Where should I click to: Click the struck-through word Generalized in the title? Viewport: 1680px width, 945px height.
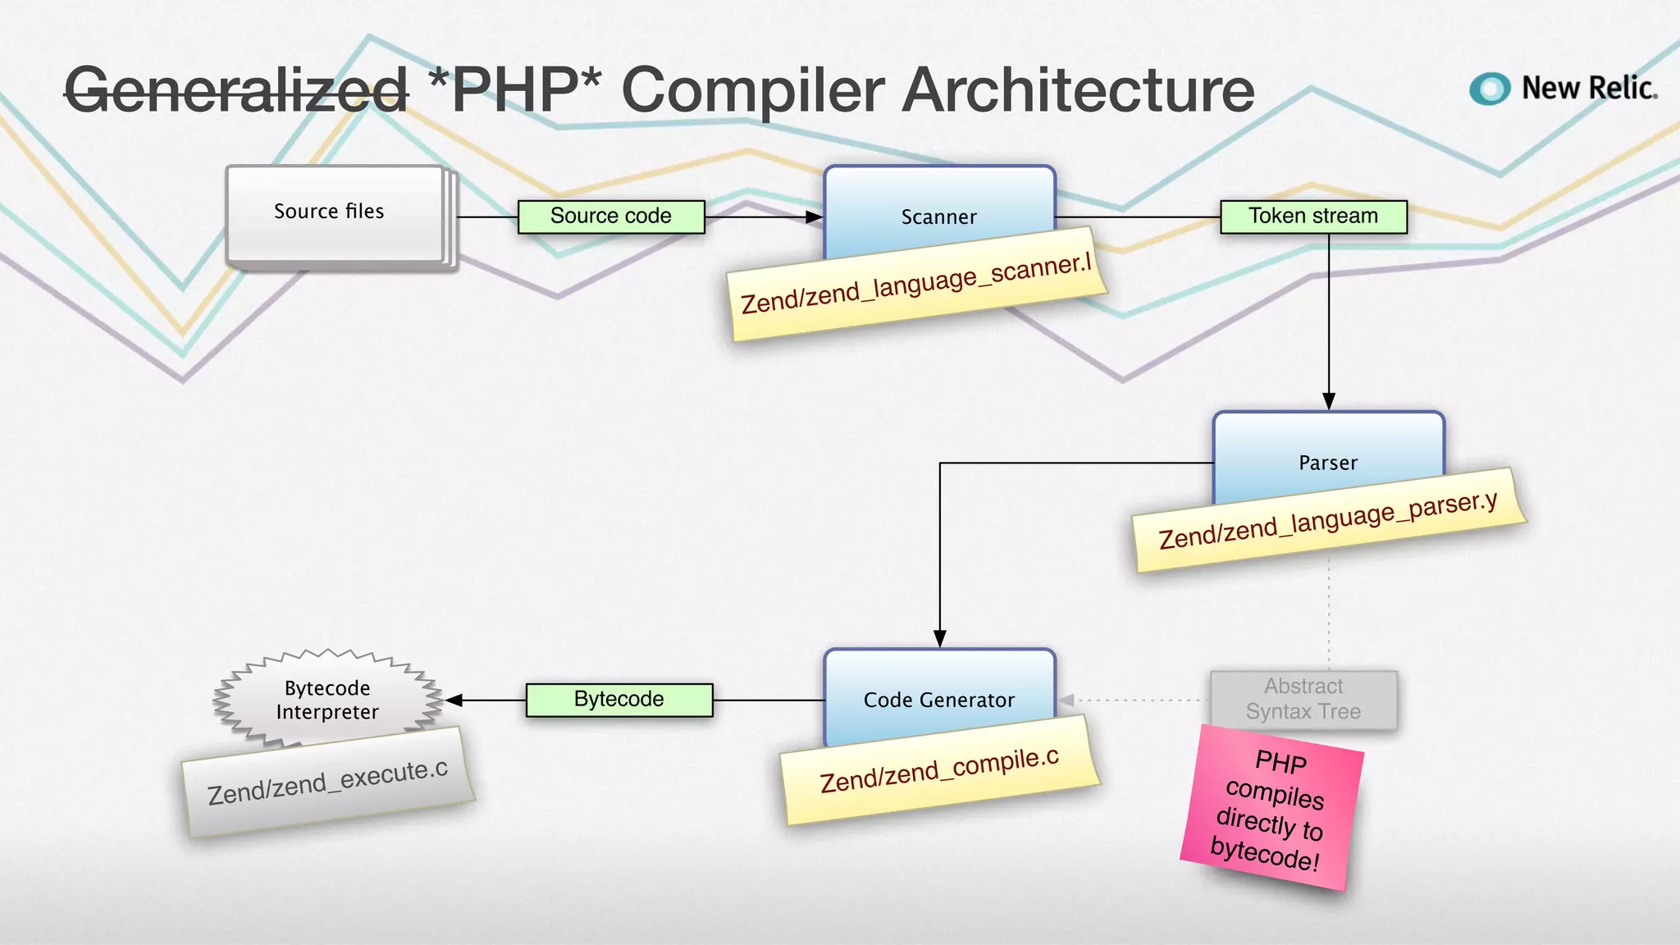(x=236, y=90)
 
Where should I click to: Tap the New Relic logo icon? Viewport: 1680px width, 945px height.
(x=1490, y=89)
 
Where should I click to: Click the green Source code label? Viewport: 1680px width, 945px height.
(x=611, y=217)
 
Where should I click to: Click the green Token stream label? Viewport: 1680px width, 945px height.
(x=1313, y=217)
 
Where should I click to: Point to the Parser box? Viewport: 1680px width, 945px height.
(x=1328, y=455)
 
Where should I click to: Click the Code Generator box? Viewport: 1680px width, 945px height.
(x=939, y=693)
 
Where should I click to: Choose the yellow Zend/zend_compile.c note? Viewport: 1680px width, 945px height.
(x=940, y=771)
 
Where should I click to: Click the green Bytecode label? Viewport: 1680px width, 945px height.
(x=619, y=700)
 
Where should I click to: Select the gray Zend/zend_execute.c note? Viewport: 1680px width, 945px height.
(x=328, y=783)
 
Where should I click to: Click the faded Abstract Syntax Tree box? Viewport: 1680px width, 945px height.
(x=1303, y=699)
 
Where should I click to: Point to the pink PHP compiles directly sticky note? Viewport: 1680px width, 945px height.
(x=1271, y=809)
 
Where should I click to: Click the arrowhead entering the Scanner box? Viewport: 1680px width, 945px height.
(x=814, y=217)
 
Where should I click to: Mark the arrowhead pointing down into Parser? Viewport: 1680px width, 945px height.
(x=1329, y=401)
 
